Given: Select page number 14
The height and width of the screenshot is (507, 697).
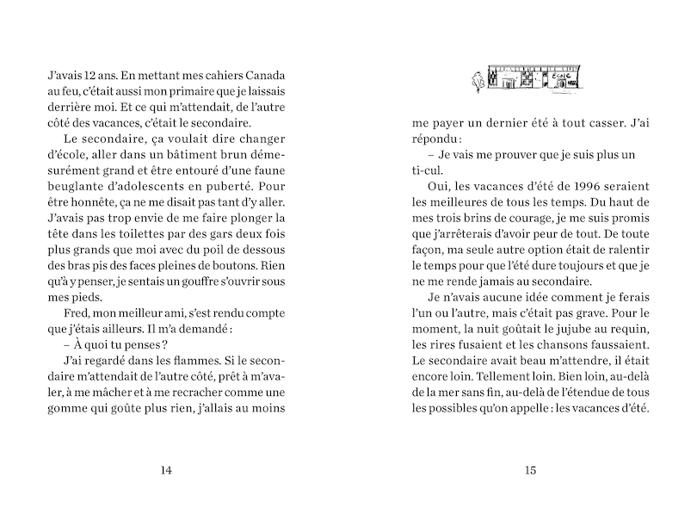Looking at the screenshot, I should [167, 469].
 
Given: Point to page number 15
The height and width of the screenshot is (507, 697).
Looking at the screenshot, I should [529, 469].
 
